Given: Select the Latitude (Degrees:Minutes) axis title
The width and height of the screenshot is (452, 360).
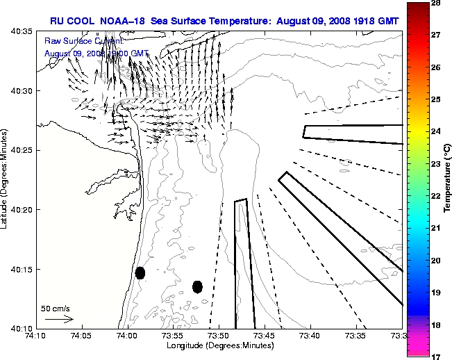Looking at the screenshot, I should point(6,179).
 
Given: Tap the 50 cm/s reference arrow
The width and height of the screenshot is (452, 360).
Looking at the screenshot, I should point(59,319).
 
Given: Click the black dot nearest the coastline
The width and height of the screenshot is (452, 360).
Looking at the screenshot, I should point(140,273).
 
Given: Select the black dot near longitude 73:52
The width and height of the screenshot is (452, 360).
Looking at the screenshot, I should point(198,286).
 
